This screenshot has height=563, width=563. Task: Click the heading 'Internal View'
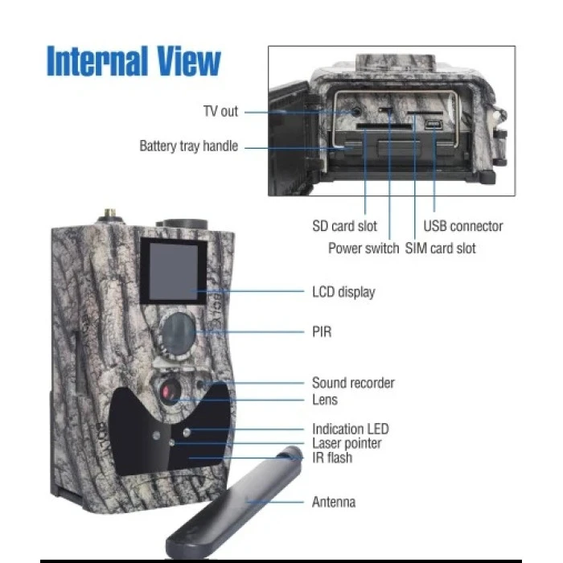(x=134, y=61)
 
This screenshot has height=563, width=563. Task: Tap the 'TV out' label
(x=220, y=112)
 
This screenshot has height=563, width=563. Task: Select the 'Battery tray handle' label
(x=188, y=146)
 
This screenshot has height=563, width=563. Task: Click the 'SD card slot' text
(x=344, y=226)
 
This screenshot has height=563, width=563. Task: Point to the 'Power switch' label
(x=363, y=248)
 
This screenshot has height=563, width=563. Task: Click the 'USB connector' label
(x=463, y=226)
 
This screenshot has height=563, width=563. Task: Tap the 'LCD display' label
(x=343, y=292)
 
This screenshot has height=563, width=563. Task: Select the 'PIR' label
(x=322, y=331)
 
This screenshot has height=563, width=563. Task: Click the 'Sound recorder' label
(x=353, y=383)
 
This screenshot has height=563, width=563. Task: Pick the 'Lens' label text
(x=325, y=399)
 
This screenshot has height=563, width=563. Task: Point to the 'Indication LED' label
(x=350, y=429)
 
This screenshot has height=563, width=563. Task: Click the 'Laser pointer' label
(x=347, y=443)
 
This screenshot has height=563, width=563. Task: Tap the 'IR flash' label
(x=332, y=458)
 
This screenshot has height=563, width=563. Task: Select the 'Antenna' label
(x=334, y=502)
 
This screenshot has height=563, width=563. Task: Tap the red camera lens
(x=168, y=392)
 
